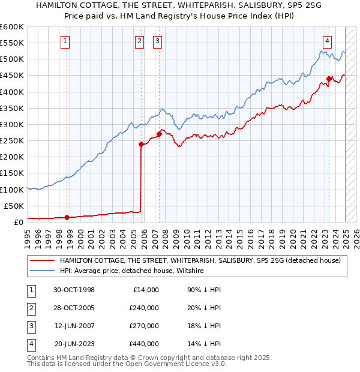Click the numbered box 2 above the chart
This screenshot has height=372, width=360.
(139, 41)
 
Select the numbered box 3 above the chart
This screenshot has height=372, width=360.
(157, 41)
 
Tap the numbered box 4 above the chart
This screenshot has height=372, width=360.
(327, 41)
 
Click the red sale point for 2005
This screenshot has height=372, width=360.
(142, 144)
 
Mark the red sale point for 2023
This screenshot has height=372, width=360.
(329, 79)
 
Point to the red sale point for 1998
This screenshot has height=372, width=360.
(67, 217)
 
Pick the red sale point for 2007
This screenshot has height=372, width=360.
(159, 134)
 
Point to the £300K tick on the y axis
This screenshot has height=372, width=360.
(12, 124)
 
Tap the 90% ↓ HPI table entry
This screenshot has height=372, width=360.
(205, 290)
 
